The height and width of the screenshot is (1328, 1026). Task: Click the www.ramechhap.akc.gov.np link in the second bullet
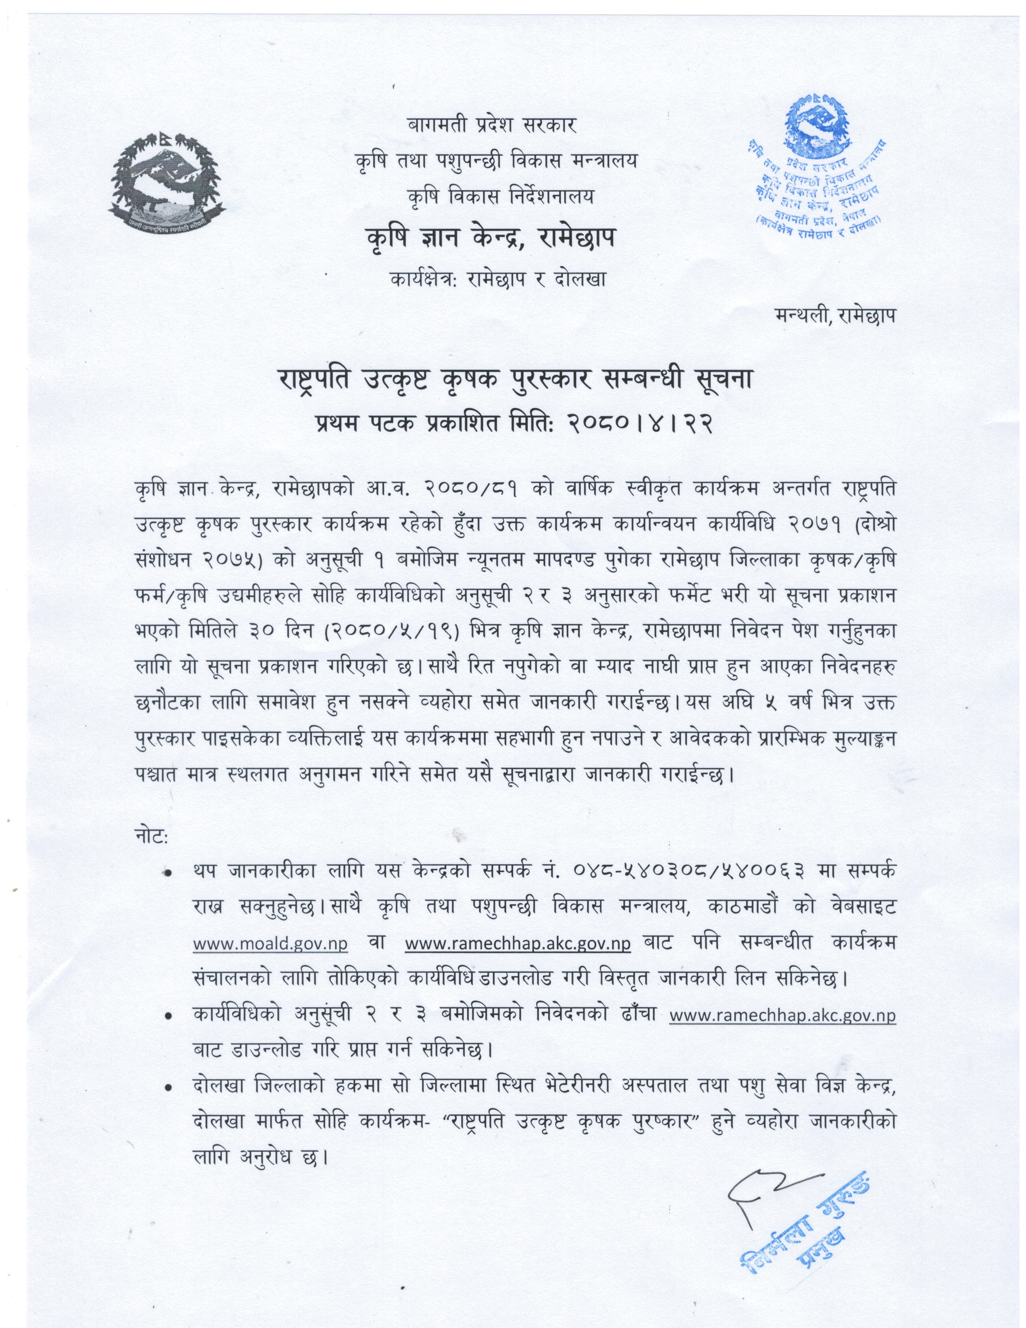click(782, 1015)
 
